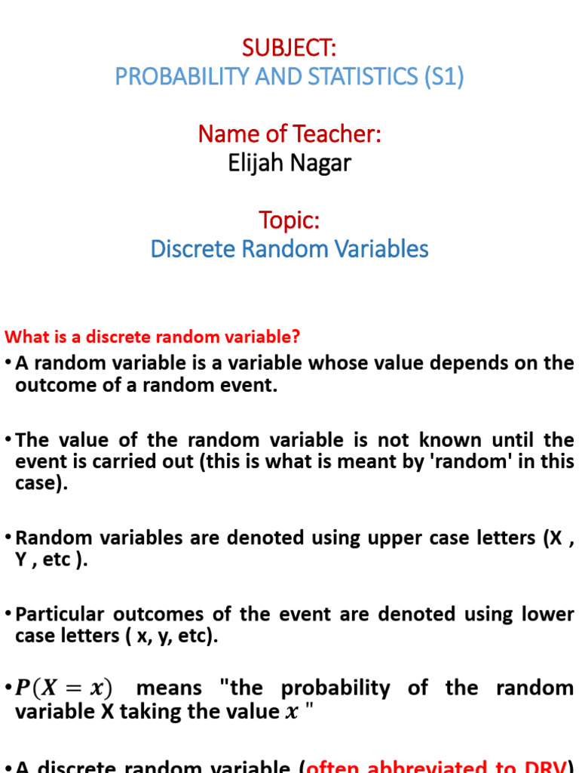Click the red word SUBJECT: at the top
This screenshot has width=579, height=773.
pos(289,48)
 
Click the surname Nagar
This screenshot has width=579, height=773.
pos(323,162)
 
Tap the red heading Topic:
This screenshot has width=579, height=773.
pos(289,220)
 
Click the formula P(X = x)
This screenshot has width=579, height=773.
pos(63,688)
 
